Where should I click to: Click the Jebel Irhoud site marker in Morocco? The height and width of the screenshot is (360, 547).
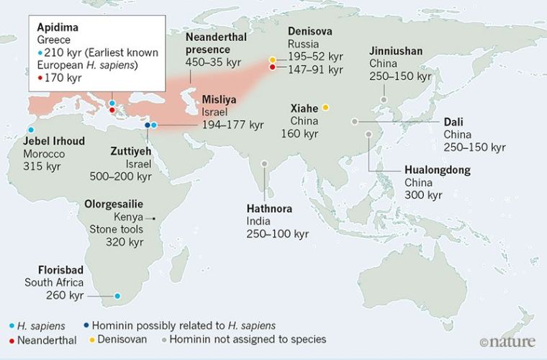[30, 130]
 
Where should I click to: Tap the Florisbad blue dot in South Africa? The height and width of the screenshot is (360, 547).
[117, 296]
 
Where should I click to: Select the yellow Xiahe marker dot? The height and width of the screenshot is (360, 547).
[325, 107]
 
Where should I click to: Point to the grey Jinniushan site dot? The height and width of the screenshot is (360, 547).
[384, 100]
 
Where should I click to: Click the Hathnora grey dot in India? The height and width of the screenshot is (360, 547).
[265, 165]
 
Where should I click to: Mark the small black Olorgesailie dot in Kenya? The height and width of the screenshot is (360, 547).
[153, 218]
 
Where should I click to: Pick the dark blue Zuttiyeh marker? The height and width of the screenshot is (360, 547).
[147, 125]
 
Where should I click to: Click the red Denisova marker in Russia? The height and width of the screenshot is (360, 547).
[272, 68]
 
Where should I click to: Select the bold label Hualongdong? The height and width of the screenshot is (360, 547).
[437, 171]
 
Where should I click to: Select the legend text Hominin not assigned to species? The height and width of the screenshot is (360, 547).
[269, 338]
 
